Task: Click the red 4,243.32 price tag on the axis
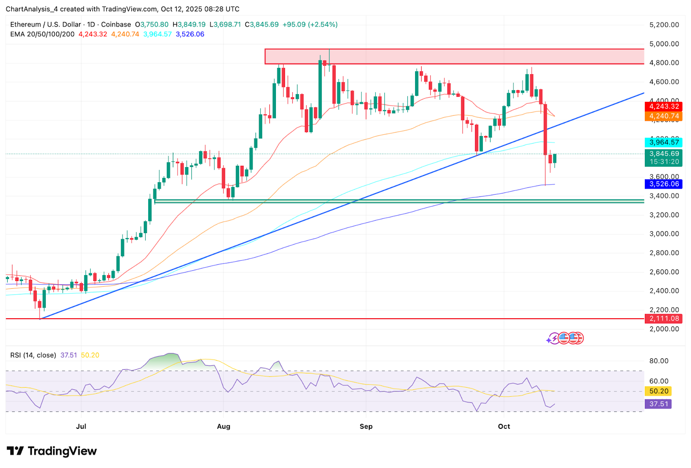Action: (x=664, y=106)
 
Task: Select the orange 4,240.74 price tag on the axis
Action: (x=664, y=116)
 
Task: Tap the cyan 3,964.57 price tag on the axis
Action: (x=664, y=142)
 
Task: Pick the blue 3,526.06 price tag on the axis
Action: (x=664, y=184)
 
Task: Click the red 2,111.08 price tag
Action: (x=664, y=319)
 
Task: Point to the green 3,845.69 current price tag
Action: (x=664, y=154)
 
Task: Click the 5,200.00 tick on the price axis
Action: (x=664, y=25)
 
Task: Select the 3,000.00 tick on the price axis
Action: (x=664, y=234)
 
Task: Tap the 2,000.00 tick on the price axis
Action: (x=664, y=329)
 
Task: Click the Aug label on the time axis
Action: (x=223, y=426)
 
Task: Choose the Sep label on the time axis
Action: (x=366, y=426)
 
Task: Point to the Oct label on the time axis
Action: (x=504, y=426)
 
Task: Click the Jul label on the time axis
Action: (x=81, y=426)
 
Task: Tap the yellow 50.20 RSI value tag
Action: (x=658, y=391)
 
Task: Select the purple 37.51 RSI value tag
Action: (x=658, y=404)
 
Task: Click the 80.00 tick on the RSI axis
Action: (x=659, y=360)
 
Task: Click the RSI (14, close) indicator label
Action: (x=33, y=355)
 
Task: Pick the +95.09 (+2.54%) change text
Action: (x=310, y=25)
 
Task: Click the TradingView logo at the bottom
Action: (x=52, y=451)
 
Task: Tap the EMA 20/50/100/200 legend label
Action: (x=42, y=34)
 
